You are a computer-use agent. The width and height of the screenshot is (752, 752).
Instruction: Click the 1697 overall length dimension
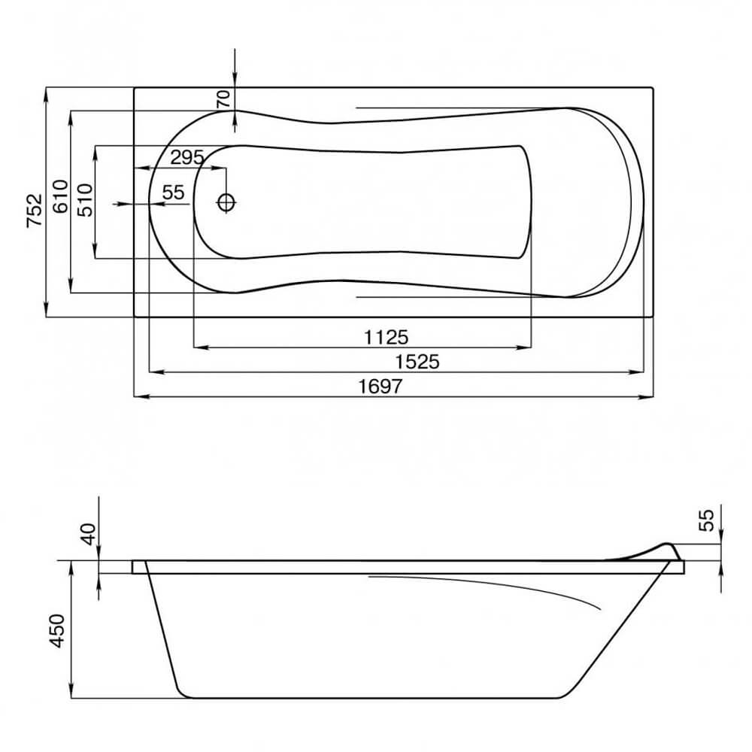pos(381,386)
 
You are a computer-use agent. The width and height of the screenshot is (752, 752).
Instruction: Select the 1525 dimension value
pos(417,362)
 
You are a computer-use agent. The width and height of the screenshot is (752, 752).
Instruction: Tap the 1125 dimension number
pos(386,337)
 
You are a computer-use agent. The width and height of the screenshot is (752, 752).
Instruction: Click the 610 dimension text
pos(60,196)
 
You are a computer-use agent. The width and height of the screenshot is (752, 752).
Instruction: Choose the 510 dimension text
pos(85,200)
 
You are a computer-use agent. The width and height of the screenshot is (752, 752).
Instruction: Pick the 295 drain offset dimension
pos(187,157)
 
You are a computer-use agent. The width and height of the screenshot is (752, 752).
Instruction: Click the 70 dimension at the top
pos(223,99)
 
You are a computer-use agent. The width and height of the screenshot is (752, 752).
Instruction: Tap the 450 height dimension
pos(57,631)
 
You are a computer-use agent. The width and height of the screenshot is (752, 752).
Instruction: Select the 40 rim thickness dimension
pos(89,534)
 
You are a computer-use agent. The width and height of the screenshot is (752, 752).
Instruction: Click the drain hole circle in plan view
pos(226,202)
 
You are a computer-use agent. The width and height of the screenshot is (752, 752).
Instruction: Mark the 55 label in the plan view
pos(173,193)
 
